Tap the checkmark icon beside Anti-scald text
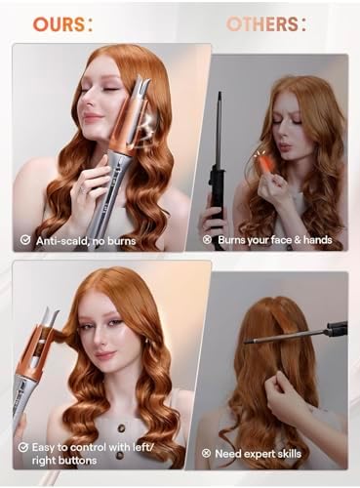coord(24,239)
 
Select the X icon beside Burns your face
coord(207,239)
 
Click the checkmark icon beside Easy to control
coord(24,446)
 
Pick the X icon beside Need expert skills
coord(207,454)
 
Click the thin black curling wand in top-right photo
coord(217,137)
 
